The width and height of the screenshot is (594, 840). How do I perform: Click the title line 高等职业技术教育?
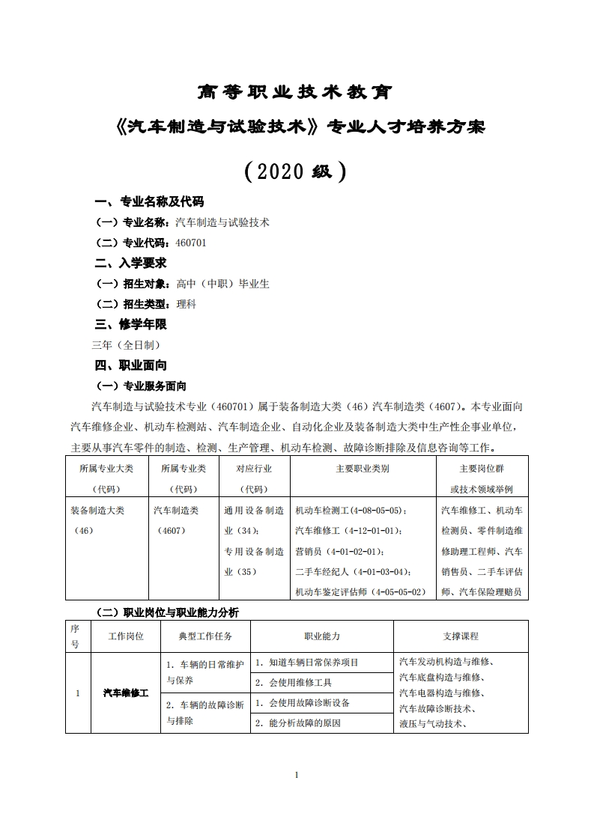click(x=297, y=92)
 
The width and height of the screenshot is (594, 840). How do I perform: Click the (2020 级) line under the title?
click(x=297, y=171)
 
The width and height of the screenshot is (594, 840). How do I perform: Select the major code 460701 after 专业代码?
click(x=190, y=243)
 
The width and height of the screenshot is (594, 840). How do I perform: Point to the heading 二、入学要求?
click(x=130, y=264)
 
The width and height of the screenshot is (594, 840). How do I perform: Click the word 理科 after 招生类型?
click(x=186, y=304)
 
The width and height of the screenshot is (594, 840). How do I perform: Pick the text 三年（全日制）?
click(x=126, y=345)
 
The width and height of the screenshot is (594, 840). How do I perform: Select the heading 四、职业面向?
click(x=130, y=365)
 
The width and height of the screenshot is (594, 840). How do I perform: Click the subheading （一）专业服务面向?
click(x=142, y=386)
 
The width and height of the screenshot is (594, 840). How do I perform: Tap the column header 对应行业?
click(x=254, y=469)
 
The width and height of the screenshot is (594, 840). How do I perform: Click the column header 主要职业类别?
click(x=363, y=469)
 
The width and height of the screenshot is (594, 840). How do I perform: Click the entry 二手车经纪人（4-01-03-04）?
click(x=353, y=572)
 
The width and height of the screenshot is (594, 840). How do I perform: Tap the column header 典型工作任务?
click(x=205, y=636)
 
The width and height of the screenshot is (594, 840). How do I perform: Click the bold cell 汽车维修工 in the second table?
click(x=126, y=693)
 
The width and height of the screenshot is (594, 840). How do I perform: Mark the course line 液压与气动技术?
click(x=433, y=724)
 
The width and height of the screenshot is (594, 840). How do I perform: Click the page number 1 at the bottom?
click(x=297, y=775)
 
